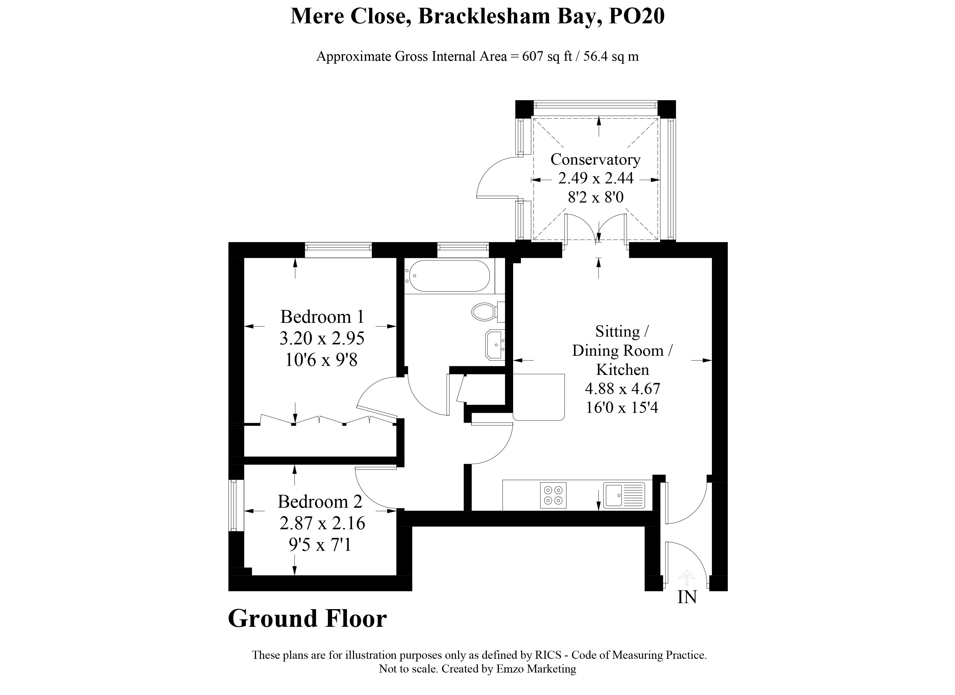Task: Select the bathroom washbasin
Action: click(494, 345)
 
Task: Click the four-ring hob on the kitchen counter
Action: click(553, 495)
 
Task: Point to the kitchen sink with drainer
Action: click(624, 495)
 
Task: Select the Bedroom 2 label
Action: click(320, 501)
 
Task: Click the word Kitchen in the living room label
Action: click(622, 370)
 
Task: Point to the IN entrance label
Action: click(687, 597)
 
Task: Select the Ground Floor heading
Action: click(307, 619)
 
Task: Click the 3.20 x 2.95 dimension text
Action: click(322, 338)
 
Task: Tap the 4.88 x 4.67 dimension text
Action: click(622, 388)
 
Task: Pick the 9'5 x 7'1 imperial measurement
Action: click(320, 545)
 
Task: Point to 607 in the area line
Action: click(533, 56)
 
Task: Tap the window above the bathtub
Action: click(463, 250)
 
